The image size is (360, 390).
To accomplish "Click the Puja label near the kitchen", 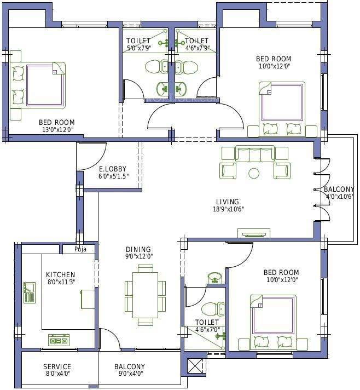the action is pos(80,249).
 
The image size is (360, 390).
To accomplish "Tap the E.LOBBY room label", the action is pos(113,169).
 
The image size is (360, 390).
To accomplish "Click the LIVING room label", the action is pos(228,202).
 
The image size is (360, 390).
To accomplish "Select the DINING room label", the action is pos(138,249).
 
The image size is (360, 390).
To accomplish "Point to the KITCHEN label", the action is pos(60,274).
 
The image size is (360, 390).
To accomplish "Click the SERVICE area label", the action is pos(57,366).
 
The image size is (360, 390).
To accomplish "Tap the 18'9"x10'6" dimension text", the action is pos(229,209).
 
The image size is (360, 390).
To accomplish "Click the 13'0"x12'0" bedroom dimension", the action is pos(58,129).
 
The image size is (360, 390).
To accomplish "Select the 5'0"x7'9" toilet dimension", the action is pos(139,48).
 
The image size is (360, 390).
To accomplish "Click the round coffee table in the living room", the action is pos(254,173).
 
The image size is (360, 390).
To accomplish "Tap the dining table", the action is pos(146,295).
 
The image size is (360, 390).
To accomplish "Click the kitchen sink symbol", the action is pos(30,292).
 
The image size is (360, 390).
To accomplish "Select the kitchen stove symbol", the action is pos(59,340).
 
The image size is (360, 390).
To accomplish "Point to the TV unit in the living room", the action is pos(254,233).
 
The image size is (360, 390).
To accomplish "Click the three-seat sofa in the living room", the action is pos(254,154).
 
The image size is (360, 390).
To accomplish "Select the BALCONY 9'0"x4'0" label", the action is pos(130,370).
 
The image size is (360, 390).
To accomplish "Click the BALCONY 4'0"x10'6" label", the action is pos(339,192).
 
